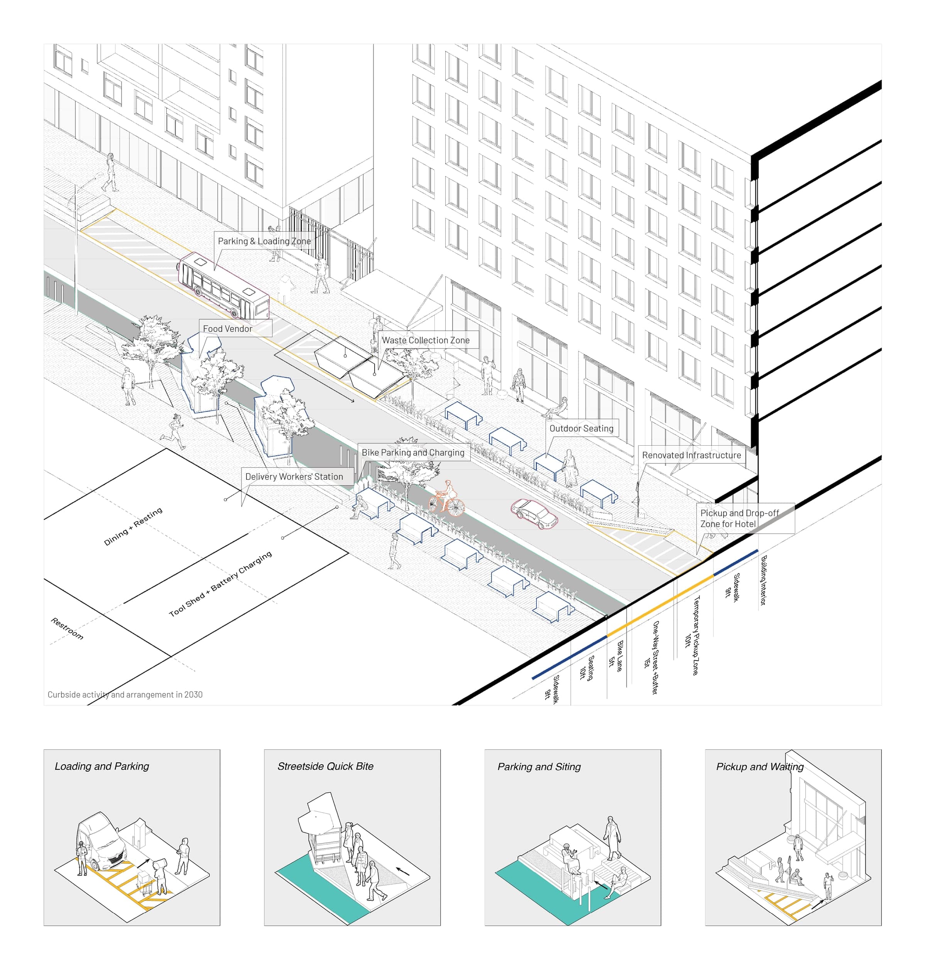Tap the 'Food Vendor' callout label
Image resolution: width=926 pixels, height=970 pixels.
pyautogui.click(x=228, y=328)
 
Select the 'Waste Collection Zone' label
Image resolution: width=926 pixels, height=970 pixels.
pyautogui.click(x=426, y=340)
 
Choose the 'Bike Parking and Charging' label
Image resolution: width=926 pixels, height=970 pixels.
pyautogui.click(x=413, y=452)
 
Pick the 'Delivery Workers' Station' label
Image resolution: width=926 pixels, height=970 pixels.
pyautogui.click(x=294, y=477)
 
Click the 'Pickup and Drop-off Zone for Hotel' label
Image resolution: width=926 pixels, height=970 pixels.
pyautogui.click(x=739, y=518)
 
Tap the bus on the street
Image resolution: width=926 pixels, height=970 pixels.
pyautogui.click(x=224, y=285)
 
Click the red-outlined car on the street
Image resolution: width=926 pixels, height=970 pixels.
pyautogui.click(x=534, y=514)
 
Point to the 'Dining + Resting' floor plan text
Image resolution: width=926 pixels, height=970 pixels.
pyautogui.click(x=133, y=527)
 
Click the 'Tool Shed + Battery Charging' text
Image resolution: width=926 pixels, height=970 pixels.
pyautogui.click(x=220, y=584)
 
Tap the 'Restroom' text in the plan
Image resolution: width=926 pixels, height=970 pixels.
pyautogui.click(x=67, y=629)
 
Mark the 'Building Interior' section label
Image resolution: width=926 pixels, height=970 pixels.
pyautogui.click(x=763, y=581)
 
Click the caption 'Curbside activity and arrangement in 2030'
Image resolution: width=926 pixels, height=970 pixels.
pyautogui.click(x=125, y=695)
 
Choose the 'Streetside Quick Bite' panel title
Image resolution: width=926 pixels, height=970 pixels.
pyautogui.click(x=325, y=766)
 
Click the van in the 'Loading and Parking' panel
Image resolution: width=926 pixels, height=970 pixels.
pyautogui.click(x=102, y=842)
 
